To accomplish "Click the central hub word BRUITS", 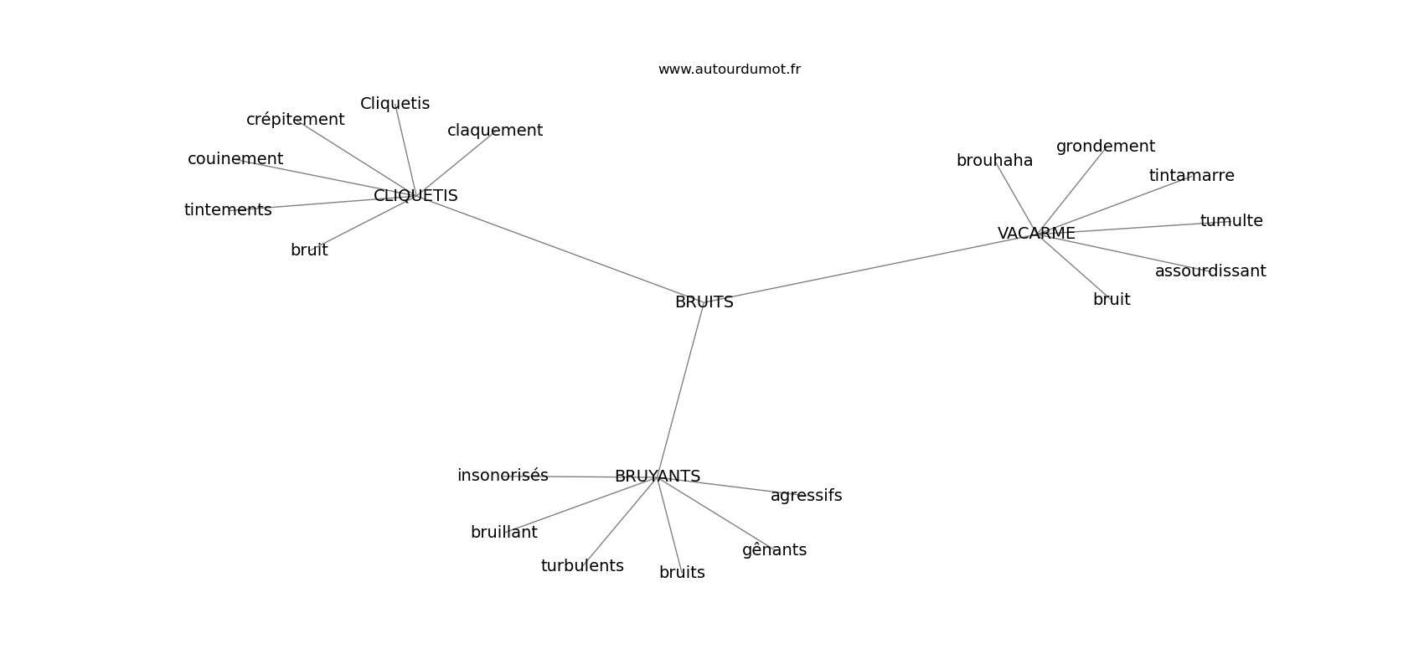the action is click(704, 302).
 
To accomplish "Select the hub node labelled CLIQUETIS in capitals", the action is click(415, 195).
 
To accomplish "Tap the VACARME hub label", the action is click(1036, 234).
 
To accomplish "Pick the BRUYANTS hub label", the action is click(658, 477).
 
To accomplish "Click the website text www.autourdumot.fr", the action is click(729, 70).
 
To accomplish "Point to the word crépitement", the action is click(295, 120).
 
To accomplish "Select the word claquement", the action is click(494, 131).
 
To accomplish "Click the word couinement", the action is click(235, 158).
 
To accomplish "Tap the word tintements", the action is click(228, 209).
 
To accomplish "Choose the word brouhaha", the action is click(994, 161).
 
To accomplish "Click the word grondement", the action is click(1106, 147).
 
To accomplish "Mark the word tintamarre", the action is click(1191, 175).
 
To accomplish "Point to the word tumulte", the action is click(1231, 220).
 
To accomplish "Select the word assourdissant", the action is click(1210, 271).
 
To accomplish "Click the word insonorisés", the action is click(503, 476).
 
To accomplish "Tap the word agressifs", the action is click(806, 496).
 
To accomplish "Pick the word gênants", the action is click(774, 550).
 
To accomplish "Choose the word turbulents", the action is click(582, 566).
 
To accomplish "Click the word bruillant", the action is click(503, 533).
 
